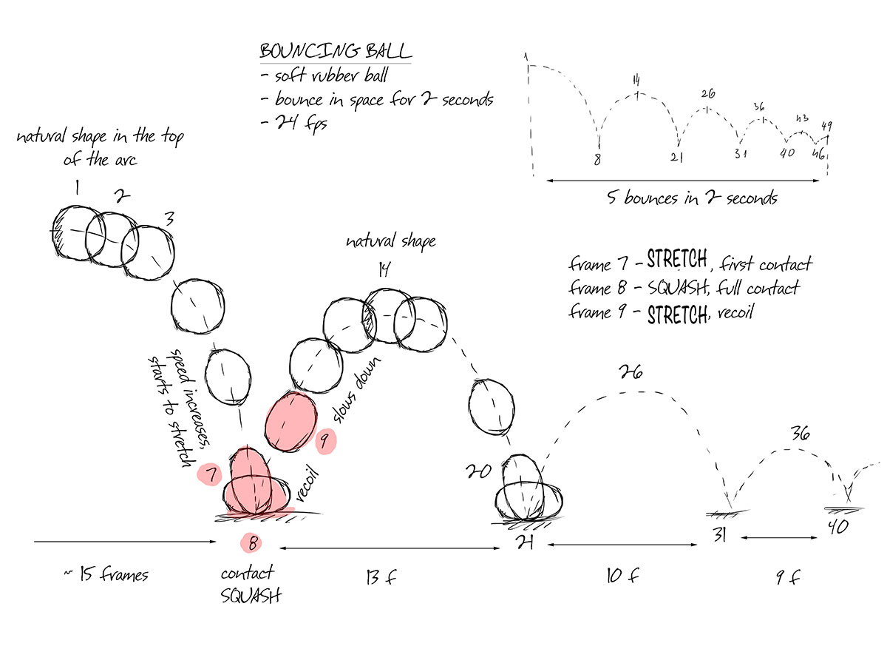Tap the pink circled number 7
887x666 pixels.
[x=211, y=474]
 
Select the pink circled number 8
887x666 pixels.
[x=252, y=543]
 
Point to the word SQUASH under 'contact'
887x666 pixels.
[x=251, y=594]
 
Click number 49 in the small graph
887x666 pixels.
[x=826, y=125]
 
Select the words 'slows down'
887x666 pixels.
[x=353, y=391]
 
